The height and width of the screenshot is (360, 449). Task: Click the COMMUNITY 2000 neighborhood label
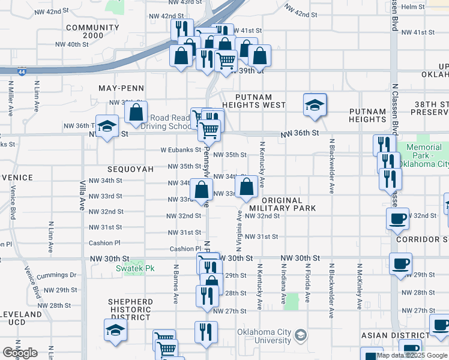coord(92,32)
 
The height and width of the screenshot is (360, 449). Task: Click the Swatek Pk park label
coord(134,268)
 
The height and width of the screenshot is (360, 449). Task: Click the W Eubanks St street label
coord(180,150)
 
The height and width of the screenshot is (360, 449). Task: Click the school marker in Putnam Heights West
coord(315,105)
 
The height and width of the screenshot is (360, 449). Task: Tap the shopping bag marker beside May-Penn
coord(137,112)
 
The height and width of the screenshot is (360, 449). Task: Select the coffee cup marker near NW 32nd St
coord(397,219)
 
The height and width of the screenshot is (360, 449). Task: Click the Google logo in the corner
coord(20,353)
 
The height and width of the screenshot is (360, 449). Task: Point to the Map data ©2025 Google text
coord(412,355)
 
